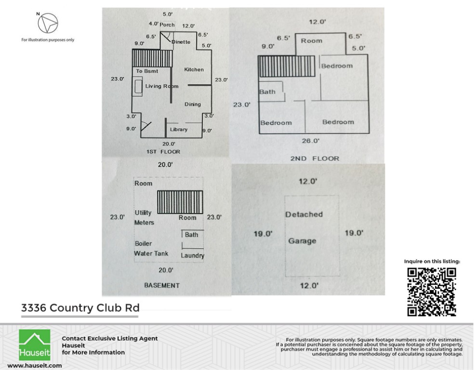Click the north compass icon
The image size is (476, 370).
coord(48,22)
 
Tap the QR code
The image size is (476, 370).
coord(432,292)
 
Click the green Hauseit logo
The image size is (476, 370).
coord(35,345)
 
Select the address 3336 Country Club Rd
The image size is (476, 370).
coord(80,307)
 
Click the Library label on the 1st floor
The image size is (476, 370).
coord(179,129)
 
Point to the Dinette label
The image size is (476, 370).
coord(181,42)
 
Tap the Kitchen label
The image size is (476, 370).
coord(194,70)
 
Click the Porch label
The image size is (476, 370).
coord(167,25)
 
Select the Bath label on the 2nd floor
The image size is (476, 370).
coord(267,91)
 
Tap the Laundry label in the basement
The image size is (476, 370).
coord(192,255)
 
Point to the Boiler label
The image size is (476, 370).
coord(143,243)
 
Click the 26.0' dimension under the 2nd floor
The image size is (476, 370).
coord(311,141)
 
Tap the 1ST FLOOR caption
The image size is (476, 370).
coord(163,152)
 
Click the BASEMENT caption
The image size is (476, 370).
coord(162,285)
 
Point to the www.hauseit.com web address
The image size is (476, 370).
coord(34,365)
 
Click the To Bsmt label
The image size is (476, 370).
coord(146,71)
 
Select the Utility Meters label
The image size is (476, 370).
coord(144,217)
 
